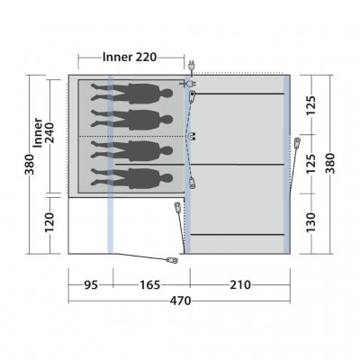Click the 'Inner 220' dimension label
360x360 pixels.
tap(130, 57)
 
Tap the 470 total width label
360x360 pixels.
tap(180, 301)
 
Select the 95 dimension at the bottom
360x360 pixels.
tap(91, 284)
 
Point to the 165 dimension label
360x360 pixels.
tap(150, 284)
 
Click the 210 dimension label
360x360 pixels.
tap(240, 284)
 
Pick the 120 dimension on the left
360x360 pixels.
tap(49, 222)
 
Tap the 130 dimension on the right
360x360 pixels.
tap(311, 222)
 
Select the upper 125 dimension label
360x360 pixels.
tap(311, 105)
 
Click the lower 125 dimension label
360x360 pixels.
tap(311, 164)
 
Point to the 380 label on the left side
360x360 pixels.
tap(30, 164)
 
